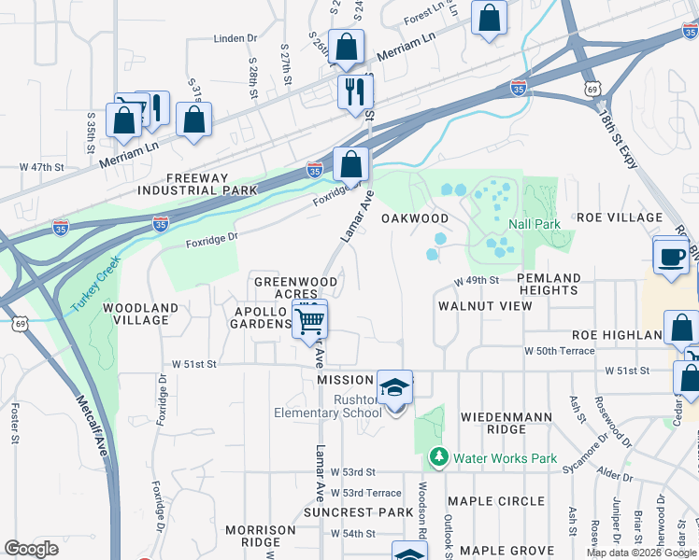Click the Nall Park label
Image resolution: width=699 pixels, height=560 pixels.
[534, 225]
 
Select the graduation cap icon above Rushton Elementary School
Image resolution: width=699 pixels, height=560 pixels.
[394, 386]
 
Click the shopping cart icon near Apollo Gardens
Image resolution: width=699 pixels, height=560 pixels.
[309, 321]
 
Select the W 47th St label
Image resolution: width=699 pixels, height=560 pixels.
[41, 167]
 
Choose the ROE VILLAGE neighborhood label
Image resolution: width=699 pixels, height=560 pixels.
[620, 217]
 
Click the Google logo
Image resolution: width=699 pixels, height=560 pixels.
[31, 548]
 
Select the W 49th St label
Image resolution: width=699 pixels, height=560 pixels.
[478, 280]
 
